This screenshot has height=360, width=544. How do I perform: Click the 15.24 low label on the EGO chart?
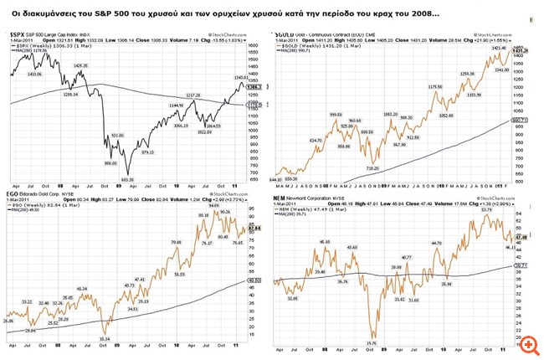tap(104, 337)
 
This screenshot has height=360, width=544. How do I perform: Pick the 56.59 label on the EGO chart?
tap(179, 274)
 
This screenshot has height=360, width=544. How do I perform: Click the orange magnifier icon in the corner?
tap(530, 345)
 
